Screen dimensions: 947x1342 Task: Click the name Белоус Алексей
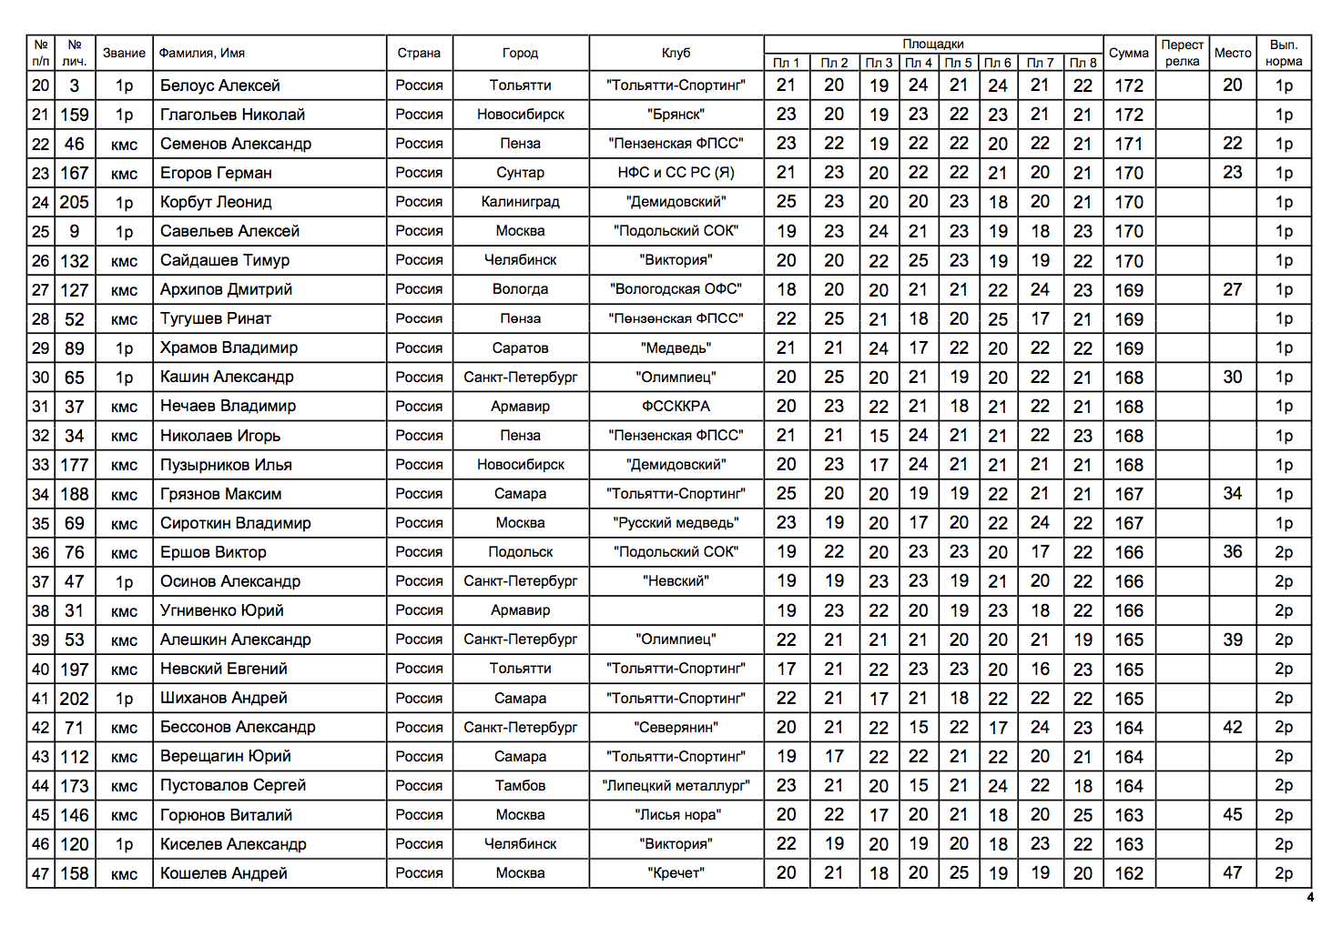[x=220, y=86]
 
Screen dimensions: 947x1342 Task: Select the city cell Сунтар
[x=520, y=173]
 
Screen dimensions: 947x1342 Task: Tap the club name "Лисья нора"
[x=676, y=815]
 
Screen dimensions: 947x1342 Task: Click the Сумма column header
[x=1128, y=53]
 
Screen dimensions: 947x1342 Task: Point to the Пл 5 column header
[x=958, y=63]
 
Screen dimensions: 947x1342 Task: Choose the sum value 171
[x=1128, y=144]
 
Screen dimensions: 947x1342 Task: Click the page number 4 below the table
[x=1309, y=898]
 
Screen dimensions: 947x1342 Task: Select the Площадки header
[x=932, y=44]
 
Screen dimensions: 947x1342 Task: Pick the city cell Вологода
[x=520, y=289]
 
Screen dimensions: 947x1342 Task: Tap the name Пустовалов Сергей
[x=233, y=785]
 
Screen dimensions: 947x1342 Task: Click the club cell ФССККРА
[x=676, y=407]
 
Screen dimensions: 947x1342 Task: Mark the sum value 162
[x=1128, y=873]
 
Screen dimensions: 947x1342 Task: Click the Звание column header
[x=124, y=53]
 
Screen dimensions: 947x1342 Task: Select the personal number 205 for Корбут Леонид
[x=75, y=202]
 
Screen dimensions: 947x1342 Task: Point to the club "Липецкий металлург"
[x=676, y=786]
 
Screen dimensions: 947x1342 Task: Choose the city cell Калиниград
[x=520, y=202]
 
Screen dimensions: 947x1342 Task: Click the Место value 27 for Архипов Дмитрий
[x=1232, y=289]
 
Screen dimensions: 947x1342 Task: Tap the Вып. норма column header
[x=1283, y=53]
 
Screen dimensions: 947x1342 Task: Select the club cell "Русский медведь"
[x=676, y=523]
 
